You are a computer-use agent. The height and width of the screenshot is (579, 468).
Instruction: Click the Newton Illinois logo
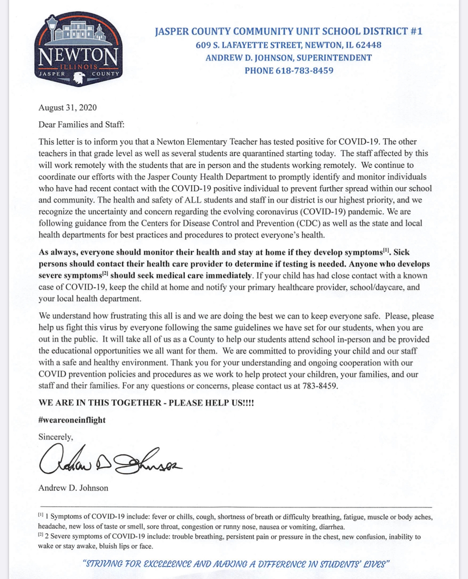[78, 49]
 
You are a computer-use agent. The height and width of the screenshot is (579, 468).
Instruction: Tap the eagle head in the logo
[79, 77]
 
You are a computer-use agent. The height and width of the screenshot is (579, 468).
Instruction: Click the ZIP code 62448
[368, 45]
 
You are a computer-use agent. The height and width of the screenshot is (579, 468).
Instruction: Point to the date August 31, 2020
[67, 108]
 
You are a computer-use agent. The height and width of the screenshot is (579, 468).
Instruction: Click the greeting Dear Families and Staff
[81, 125]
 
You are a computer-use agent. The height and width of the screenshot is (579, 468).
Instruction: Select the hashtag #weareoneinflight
[72, 420]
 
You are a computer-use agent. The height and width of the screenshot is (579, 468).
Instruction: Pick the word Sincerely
[55, 437]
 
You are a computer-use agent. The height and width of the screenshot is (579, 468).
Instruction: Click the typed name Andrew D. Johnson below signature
[73, 488]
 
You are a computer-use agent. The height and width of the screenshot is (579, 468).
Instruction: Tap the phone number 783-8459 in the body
[320, 386]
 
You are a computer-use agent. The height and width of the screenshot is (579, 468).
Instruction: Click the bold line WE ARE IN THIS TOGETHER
[146, 403]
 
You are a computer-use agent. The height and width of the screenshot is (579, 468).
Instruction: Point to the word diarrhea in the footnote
[332, 527]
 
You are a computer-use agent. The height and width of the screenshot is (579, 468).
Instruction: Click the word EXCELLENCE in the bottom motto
[168, 564]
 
